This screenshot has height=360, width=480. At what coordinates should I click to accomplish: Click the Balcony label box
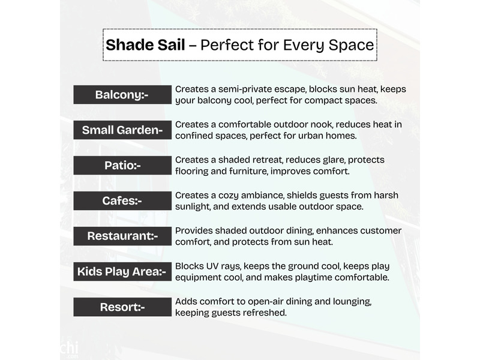(x=122, y=95)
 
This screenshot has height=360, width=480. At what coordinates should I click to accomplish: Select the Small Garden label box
(x=122, y=130)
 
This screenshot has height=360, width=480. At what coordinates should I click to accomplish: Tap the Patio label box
(x=122, y=166)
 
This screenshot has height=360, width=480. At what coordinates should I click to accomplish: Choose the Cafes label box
(x=122, y=201)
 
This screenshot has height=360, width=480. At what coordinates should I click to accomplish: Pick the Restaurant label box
(x=122, y=236)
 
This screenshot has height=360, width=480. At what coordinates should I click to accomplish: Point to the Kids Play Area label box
(x=122, y=272)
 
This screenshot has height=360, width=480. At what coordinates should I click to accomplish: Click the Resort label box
(x=122, y=307)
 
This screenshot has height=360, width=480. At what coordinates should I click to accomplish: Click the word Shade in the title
(x=130, y=44)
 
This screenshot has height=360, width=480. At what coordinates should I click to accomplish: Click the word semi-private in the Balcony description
(x=246, y=89)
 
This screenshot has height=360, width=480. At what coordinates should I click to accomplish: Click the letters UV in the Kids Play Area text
(x=212, y=266)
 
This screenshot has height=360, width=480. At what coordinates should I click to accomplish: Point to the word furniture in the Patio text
(x=248, y=171)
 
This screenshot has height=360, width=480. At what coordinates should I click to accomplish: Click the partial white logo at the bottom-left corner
(x=69, y=349)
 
